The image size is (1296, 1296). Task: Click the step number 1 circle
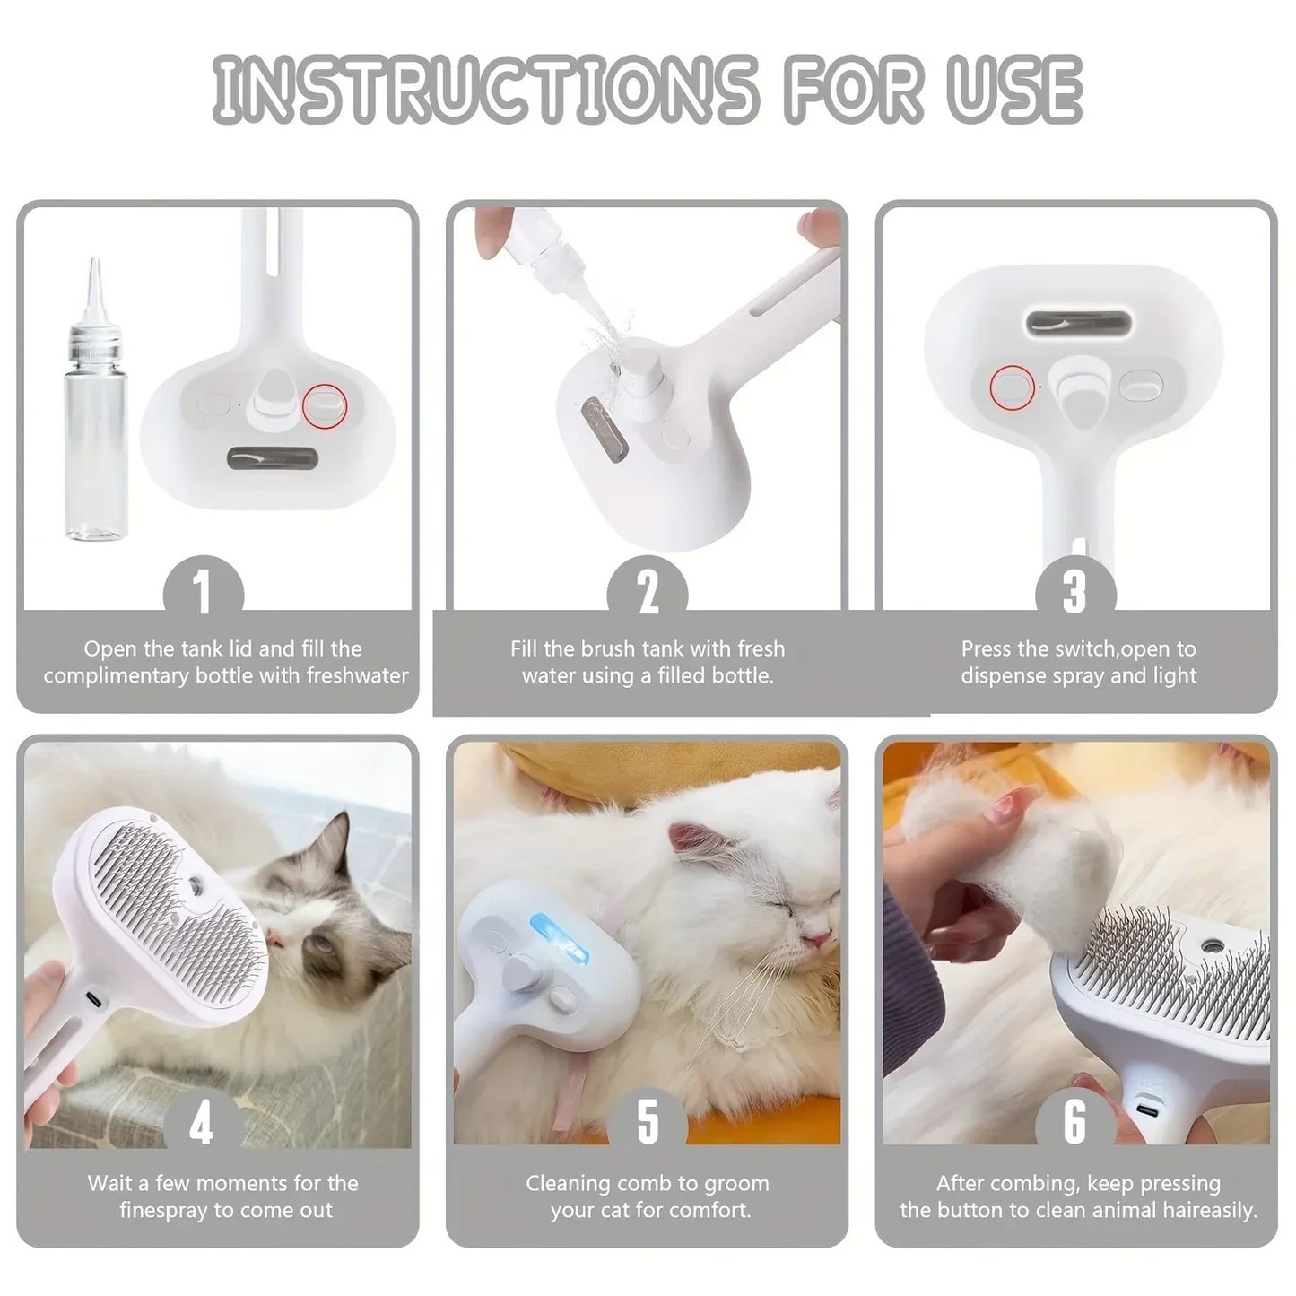tap(203, 592)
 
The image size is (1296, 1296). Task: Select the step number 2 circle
tap(648, 592)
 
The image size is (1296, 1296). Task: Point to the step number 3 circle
tap(1074, 592)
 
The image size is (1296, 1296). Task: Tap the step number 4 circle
tap(202, 1123)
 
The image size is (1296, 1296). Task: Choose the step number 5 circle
tap(648, 1123)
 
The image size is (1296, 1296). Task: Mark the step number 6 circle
tap(1074, 1123)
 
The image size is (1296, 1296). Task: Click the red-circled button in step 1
tap(324, 404)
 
